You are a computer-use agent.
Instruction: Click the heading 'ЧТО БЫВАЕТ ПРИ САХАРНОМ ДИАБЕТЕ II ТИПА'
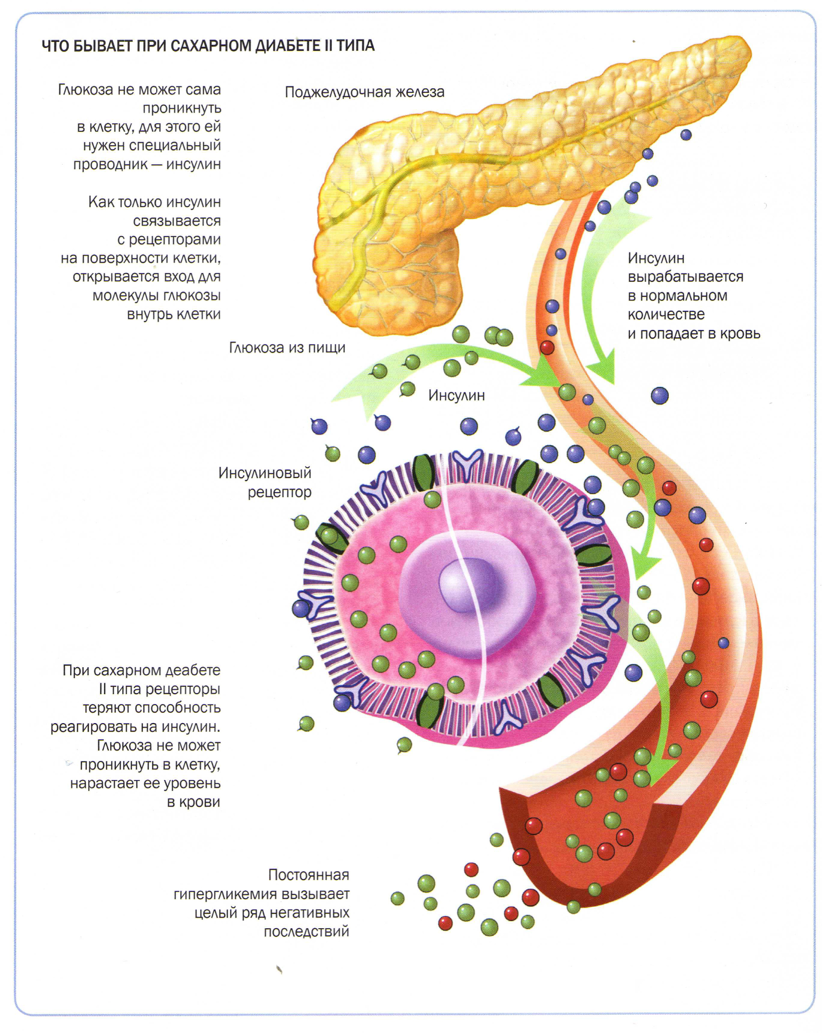tap(208, 46)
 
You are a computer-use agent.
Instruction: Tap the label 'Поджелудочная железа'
tap(364, 92)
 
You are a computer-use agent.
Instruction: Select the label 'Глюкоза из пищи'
tap(287, 347)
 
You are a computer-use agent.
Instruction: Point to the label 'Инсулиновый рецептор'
tap(265, 482)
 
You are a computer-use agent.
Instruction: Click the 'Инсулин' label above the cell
tap(456, 395)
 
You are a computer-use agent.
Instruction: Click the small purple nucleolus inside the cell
tap(467, 584)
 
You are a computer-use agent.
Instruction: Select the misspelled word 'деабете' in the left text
tap(193, 670)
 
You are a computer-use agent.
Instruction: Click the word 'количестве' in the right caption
tap(666, 314)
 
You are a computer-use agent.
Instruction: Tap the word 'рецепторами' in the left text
tap(175, 240)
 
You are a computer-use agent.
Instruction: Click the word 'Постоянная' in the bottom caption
tap(308, 875)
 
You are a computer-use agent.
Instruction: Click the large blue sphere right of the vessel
tap(659, 396)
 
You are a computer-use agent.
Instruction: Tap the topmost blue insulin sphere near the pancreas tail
tap(686, 134)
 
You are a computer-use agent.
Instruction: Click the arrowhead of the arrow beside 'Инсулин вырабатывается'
tap(601, 372)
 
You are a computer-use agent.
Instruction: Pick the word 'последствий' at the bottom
tap(306, 931)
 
